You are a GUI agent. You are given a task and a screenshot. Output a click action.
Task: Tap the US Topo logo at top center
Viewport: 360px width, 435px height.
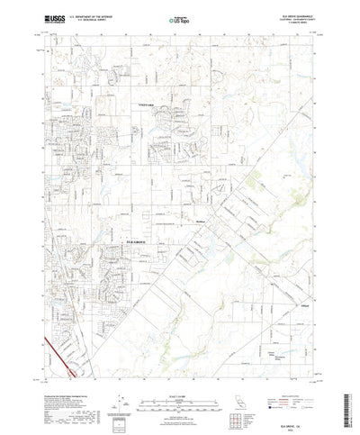pyautogui.click(x=177, y=17)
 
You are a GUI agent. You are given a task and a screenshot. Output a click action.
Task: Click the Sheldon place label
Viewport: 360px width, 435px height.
pyautogui.click(x=202, y=216)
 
